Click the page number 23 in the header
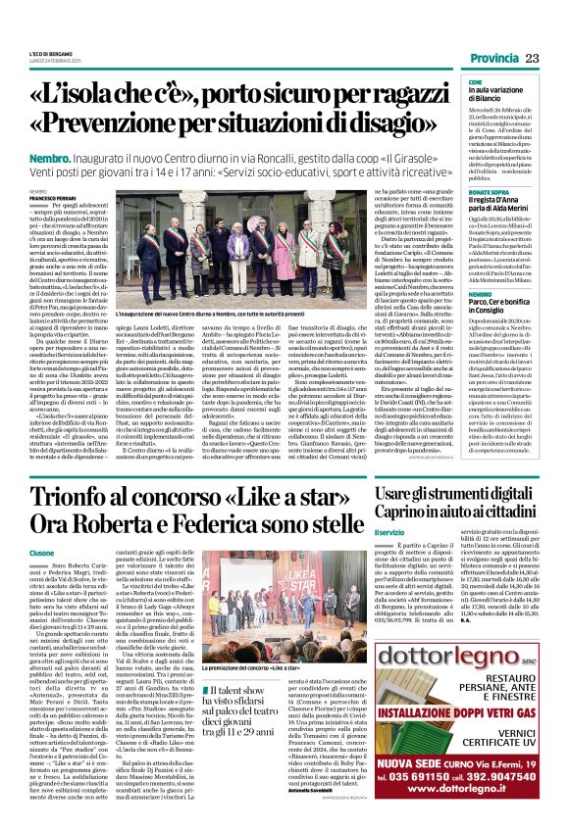(533, 60)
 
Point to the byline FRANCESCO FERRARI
(50, 198)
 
